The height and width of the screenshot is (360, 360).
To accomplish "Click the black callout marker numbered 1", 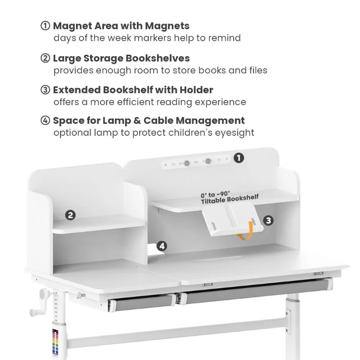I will click(x=239, y=157).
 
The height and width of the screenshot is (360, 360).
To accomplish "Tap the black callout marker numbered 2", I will click(x=71, y=215).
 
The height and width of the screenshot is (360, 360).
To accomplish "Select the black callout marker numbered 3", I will click(x=269, y=220).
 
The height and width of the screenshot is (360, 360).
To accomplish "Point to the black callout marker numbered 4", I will click(x=162, y=246).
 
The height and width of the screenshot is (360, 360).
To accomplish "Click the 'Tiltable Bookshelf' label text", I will click(x=230, y=198).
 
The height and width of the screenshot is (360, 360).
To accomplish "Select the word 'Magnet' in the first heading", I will click(x=72, y=26).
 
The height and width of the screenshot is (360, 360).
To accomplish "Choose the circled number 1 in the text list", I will click(x=46, y=26).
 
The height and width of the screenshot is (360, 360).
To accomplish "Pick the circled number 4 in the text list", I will click(x=46, y=120).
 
